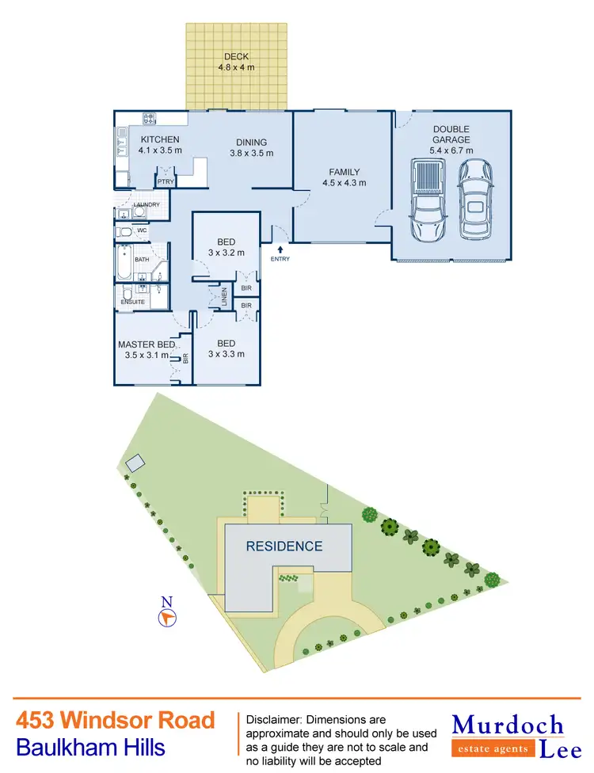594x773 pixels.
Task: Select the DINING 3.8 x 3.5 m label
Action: coord(251,148)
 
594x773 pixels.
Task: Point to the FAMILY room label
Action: coord(345,177)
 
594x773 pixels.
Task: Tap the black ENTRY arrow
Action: coord(280,249)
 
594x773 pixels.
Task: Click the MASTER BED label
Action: coord(147,349)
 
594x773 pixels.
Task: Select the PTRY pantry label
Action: coord(166,181)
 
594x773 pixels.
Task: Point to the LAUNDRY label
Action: coord(147,204)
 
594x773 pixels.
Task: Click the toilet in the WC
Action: coord(125,231)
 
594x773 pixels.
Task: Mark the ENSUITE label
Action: coord(132,302)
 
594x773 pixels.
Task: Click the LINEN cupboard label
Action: coord(225,295)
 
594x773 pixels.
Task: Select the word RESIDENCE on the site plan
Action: coord(284,546)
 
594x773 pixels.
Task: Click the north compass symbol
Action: coord(167,615)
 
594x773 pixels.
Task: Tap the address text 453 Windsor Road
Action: coord(116,720)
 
